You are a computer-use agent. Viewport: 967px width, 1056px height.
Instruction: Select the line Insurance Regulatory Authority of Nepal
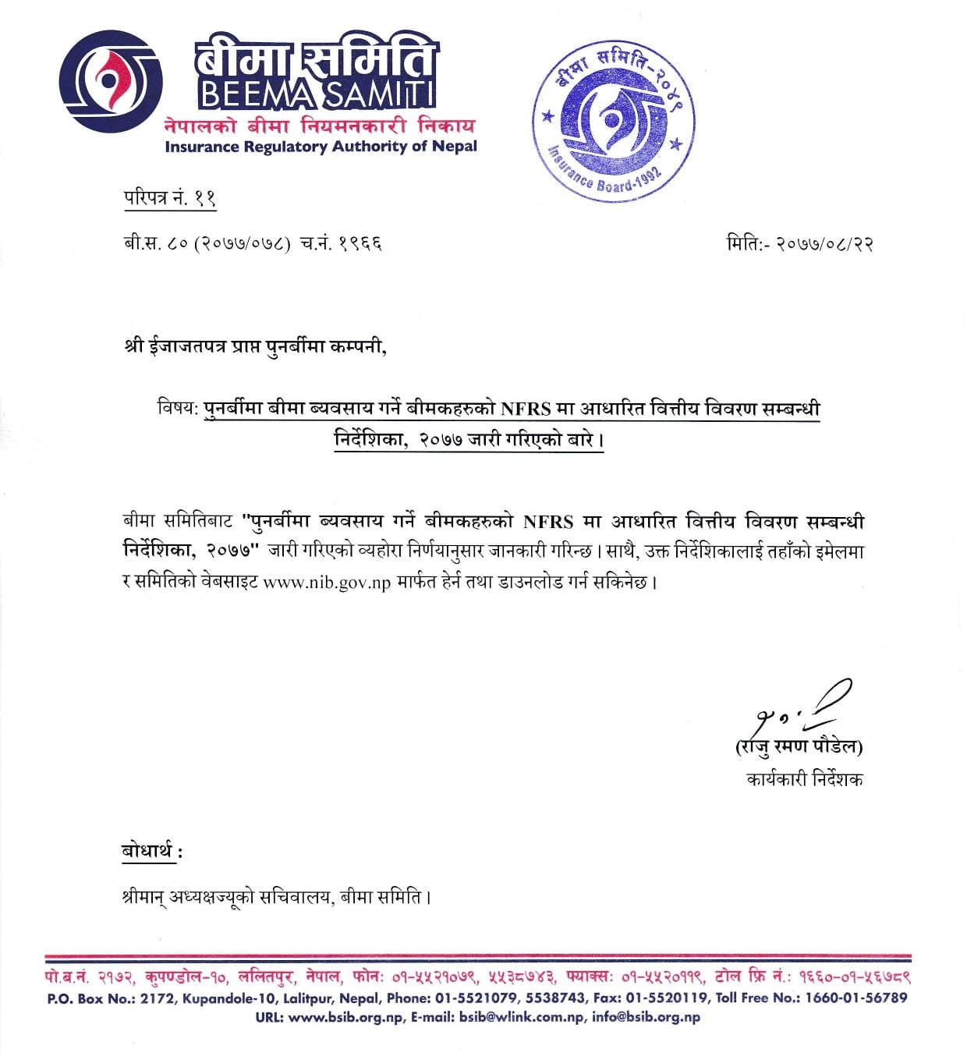point(321,147)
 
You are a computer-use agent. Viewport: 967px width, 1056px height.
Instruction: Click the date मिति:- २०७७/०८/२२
point(799,243)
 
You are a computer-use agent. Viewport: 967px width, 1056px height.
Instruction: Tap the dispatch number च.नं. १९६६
point(341,243)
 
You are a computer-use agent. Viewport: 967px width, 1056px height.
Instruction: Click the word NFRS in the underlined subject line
point(525,409)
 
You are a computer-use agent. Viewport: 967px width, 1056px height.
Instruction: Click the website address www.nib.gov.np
point(326,583)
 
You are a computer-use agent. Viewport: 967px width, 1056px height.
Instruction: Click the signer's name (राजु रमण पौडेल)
point(799,747)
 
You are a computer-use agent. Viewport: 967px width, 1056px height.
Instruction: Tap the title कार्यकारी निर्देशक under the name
point(804,779)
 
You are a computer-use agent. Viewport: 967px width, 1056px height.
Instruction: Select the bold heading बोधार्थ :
point(152,851)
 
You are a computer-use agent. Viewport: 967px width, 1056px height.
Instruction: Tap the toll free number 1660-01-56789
point(856,998)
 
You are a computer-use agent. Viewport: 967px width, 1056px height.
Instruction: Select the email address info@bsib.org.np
point(646,1017)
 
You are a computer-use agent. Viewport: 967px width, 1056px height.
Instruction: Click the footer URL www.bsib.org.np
point(345,1017)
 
